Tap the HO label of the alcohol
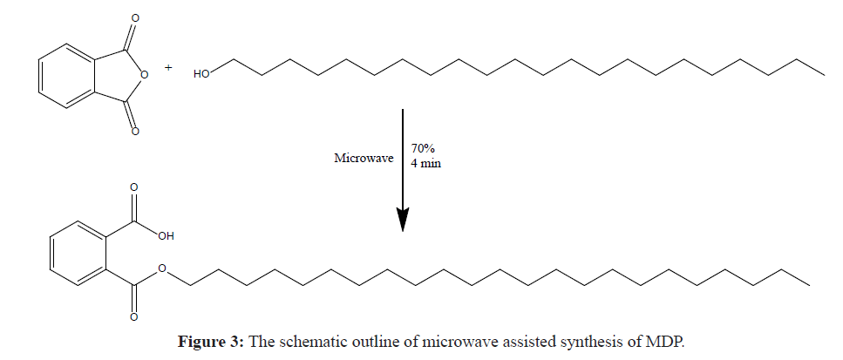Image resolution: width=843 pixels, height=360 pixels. click(202, 75)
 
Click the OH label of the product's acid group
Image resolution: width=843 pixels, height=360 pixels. click(167, 235)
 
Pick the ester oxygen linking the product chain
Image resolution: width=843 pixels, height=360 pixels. click(163, 271)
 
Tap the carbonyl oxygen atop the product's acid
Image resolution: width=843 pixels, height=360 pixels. click(133, 187)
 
